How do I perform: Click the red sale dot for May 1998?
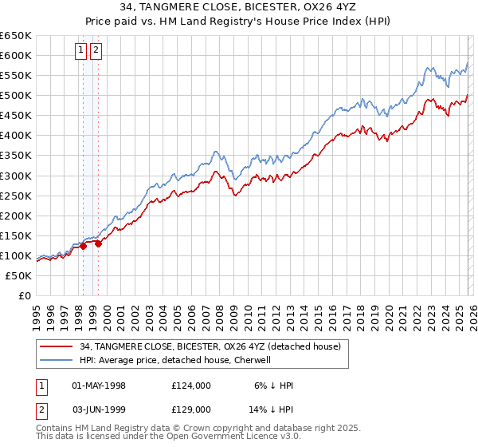pos(83,247)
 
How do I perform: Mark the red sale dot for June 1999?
pos(98,244)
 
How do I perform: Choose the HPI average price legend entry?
pos(175,360)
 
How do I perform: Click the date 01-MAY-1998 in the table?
pos(99,386)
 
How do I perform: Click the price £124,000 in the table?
pos(190,386)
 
